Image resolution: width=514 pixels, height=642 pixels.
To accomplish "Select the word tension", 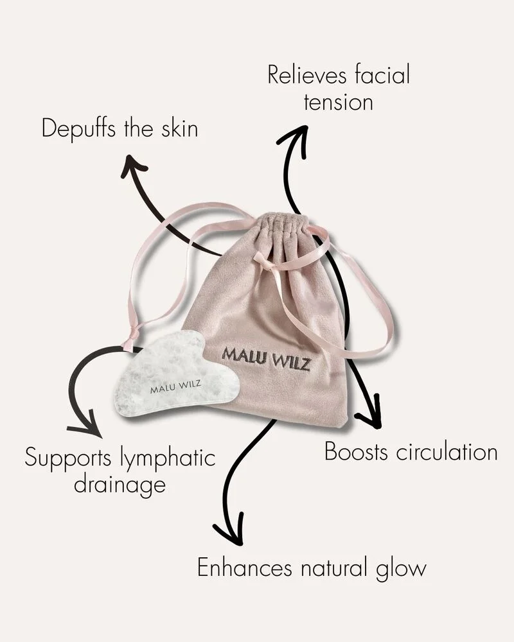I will [x=338, y=103].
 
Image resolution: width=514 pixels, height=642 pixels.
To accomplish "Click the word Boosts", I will [x=355, y=451].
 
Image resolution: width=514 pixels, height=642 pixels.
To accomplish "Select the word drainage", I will [x=120, y=485].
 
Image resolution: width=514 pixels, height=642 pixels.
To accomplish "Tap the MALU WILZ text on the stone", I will [x=175, y=388].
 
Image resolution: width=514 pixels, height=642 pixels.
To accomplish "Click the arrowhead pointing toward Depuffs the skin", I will [x=133, y=166].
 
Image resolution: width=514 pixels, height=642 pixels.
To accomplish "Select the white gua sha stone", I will [x=173, y=376].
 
